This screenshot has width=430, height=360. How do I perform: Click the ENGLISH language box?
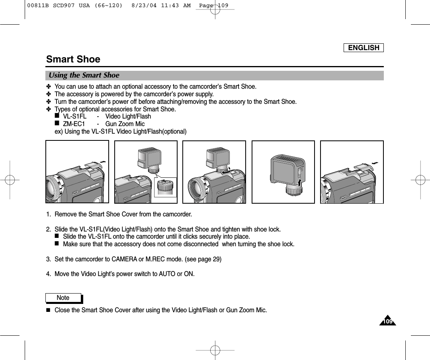364,48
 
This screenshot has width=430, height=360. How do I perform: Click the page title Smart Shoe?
73,59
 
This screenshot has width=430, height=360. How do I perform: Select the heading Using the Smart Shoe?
84,75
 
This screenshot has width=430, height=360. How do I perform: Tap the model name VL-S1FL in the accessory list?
75,117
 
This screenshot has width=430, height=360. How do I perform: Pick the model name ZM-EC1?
74,124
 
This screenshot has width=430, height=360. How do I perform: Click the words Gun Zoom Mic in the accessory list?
125,124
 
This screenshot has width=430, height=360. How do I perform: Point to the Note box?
63,298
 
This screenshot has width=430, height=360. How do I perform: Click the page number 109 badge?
388,321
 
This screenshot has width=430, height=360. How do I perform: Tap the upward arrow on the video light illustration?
300,183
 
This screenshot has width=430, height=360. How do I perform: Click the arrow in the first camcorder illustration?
104,162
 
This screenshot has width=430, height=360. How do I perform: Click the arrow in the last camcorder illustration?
374,163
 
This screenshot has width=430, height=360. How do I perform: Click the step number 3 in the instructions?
48,260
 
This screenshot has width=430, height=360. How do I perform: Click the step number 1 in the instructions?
48,215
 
